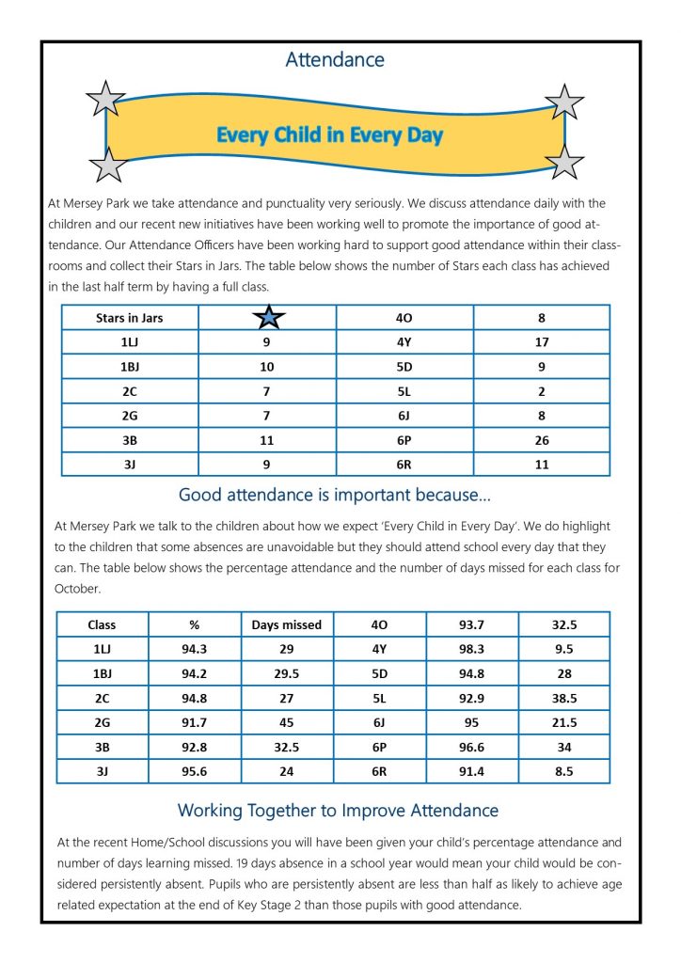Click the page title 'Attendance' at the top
point(335,60)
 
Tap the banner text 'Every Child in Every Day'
point(329,134)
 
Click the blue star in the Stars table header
point(267,318)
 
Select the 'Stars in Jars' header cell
point(130,318)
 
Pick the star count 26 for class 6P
point(542,440)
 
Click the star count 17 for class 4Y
point(542,342)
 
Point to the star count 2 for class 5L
point(542,391)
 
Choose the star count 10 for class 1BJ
point(267,367)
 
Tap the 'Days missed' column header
point(287,624)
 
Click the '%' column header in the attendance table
point(195,624)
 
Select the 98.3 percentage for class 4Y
point(472,649)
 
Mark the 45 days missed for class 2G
point(287,722)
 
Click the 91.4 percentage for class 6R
point(472,771)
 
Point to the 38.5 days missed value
point(564,698)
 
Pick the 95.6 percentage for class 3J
point(195,771)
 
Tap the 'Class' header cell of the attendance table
point(102,624)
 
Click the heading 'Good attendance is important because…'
point(335,495)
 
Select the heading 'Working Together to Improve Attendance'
point(338,810)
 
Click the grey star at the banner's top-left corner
point(105,99)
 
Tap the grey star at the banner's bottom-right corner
point(564,163)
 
